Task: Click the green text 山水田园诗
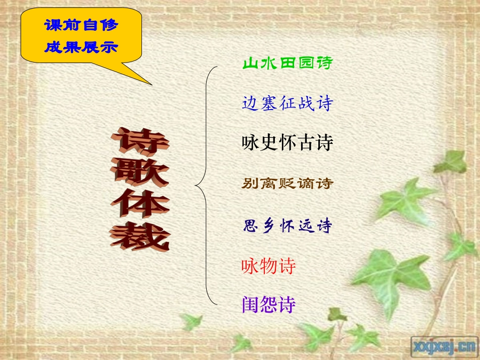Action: (287, 64)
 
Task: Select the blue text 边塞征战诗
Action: (287, 104)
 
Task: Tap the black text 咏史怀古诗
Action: (287, 143)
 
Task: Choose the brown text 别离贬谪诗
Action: (287, 183)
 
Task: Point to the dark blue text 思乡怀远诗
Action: (287, 226)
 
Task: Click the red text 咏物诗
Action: (268, 266)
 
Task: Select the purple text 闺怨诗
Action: (268, 304)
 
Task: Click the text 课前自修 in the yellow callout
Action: (81, 25)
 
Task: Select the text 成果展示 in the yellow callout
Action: (81, 47)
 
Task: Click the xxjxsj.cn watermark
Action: (443, 345)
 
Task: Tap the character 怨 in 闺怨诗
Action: (268, 304)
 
